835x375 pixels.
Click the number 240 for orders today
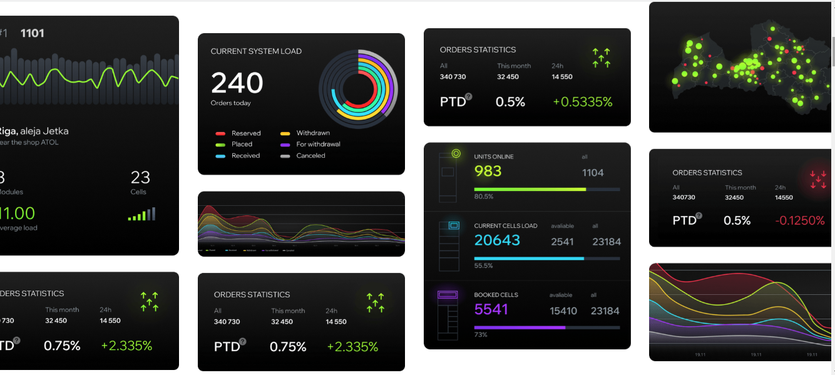click(237, 83)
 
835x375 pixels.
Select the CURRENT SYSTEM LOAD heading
click(256, 51)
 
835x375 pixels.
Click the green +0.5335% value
click(582, 102)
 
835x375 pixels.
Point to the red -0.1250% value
click(799, 221)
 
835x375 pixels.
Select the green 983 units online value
click(488, 171)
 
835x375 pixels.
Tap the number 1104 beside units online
click(593, 172)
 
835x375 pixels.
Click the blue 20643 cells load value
click(497, 240)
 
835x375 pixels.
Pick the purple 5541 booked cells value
click(491, 309)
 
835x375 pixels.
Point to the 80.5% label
click(484, 197)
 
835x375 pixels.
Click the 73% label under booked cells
click(481, 335)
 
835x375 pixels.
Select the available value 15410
click(563, 311)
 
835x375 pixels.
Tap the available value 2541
click(562, 242)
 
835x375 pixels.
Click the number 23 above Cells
click(140, 177)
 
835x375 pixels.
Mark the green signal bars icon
click(141, 215)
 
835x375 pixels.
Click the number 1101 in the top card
click(33, 33)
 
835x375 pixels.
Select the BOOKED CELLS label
click(496, 295)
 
